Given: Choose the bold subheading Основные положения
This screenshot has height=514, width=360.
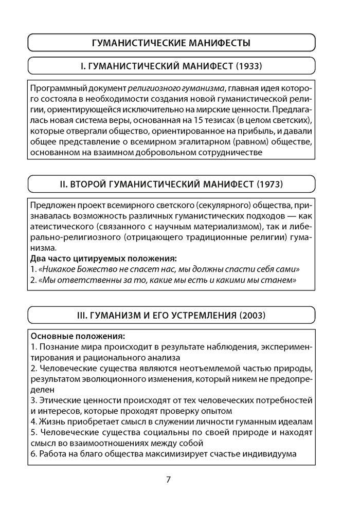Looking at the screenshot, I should pyautogui.click(x=77, y=337).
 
